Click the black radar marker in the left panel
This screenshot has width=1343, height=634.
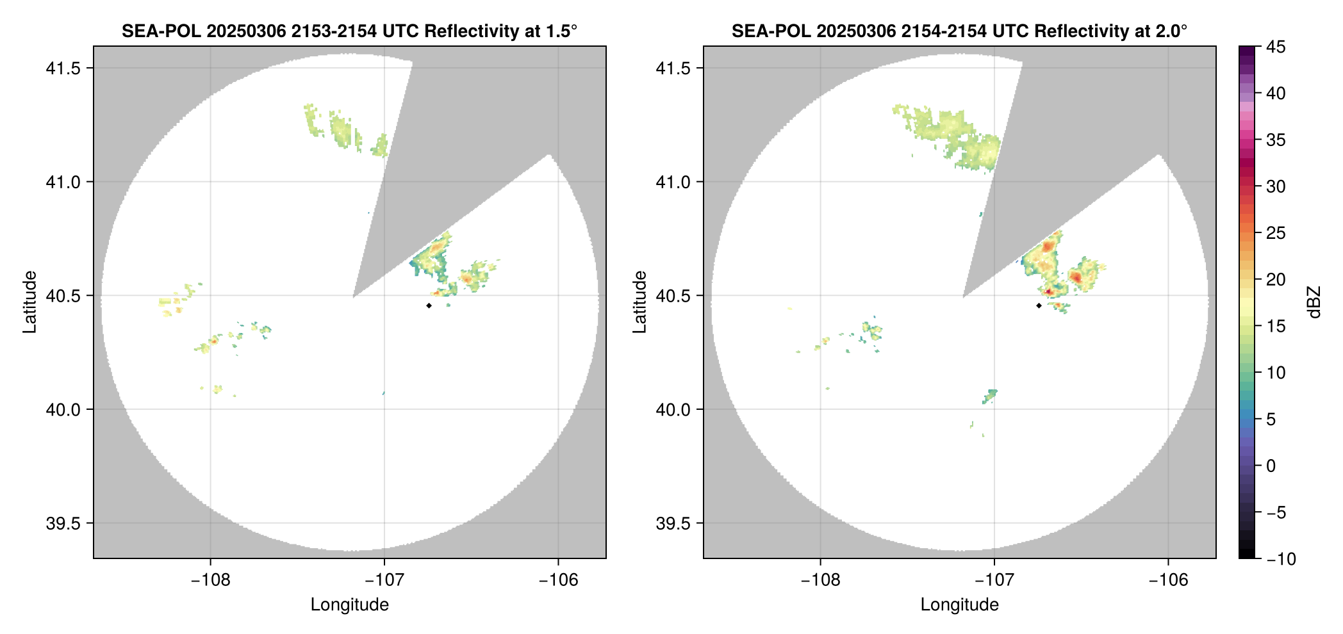[x=429, y=305]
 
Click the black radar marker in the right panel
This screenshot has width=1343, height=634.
[x=1039, y=305]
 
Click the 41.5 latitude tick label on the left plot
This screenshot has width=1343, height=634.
[x=63, y=69]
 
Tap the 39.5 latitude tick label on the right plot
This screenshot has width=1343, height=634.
[x=673, y=523]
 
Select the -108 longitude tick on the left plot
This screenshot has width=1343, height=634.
[x=210, y=580]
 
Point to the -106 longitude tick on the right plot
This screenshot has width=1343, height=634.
[x=1168, y=580]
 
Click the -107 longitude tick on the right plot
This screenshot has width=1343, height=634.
[x=994, y=580]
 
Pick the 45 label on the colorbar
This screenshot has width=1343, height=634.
[x=1276, y=47]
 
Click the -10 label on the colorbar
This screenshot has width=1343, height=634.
[x=1281, y=559]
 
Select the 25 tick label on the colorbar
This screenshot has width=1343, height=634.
[x=1276, y=233]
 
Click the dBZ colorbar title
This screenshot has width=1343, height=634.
[x=1315, y=302]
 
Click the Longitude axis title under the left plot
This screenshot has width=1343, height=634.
[x=350, y=605]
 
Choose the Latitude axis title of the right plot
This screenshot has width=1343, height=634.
[x=639, y=302]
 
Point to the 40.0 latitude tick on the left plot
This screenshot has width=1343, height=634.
[x=63, y=409]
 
